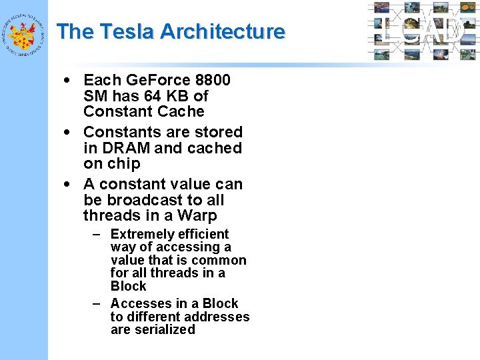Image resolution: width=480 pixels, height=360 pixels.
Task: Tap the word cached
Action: [x=215, y=148]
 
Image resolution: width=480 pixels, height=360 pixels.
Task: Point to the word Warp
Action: [x=199, y=216]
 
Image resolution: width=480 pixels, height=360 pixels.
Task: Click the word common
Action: [x=223, y=260]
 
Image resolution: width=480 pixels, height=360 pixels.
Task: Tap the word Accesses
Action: [x=141, y=304]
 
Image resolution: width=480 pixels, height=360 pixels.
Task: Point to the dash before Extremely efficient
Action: [x=97, y=234]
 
